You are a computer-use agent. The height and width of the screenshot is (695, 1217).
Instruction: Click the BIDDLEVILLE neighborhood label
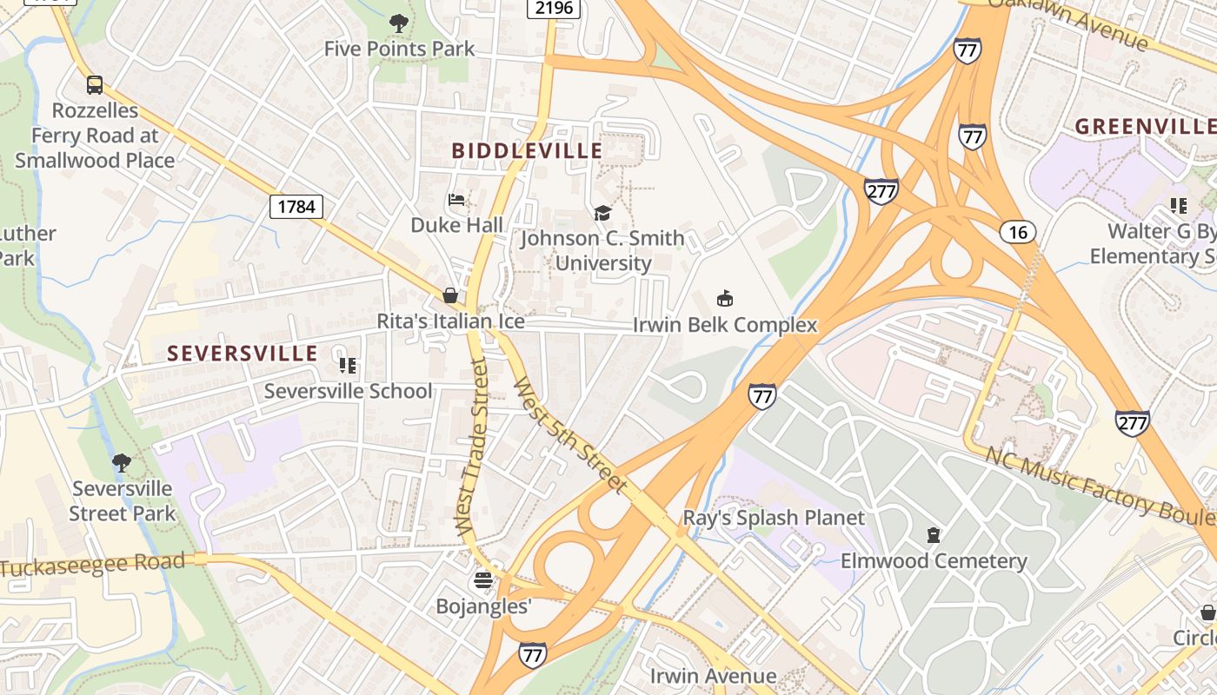pyautogui.click(x=527, y=151)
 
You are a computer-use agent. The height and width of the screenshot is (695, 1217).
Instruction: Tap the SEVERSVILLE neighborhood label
pyautogui.click(x=243, y=354)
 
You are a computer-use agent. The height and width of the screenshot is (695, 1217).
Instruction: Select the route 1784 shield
pyautogui.click(x=296, y=207)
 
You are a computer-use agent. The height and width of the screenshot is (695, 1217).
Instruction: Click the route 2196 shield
pyautogui.click(x=554, y=8)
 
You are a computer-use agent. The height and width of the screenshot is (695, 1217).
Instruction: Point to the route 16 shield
pyautogui.click(x=1018, y=231)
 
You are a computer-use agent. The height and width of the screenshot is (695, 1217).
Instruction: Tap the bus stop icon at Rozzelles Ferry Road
pyautogui.click(x=95, y=85)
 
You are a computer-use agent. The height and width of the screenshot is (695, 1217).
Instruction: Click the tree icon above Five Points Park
pyautogui.click(x=399, y=23)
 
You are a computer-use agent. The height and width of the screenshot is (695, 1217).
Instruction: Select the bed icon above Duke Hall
pyautogui.click(x=456, y=201)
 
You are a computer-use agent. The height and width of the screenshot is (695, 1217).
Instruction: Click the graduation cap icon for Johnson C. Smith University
pyautogui.click(x=602, y=213)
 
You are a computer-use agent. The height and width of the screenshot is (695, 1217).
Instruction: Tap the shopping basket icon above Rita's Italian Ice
pyautogui.click(x=450, y=296)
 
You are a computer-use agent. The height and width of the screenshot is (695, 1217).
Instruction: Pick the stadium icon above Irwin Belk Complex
pyautogui.click(x=724, y=299)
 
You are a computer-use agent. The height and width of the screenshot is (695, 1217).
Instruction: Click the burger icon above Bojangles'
pyautogui.click(x=483, y=580)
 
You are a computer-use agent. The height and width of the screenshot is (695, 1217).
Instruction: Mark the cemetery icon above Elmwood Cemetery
pyautogui.click(x=934, y=534)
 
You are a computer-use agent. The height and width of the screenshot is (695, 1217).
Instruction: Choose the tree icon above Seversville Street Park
pyautogui.click(x=122, y=462)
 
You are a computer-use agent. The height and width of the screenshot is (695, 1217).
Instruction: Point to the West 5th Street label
pyautogui.click(x=569, y=435)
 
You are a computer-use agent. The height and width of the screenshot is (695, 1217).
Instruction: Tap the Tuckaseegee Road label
pyautogui.click(x=94, y=566)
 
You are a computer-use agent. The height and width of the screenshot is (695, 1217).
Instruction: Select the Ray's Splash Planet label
pyautogui.click(x=774, y=519)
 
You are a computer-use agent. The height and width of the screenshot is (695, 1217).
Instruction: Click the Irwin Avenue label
pyautogui.click(x=713, y=676)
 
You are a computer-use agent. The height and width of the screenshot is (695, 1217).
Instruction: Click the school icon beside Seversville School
pyautogui.click(x=348, y=366)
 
